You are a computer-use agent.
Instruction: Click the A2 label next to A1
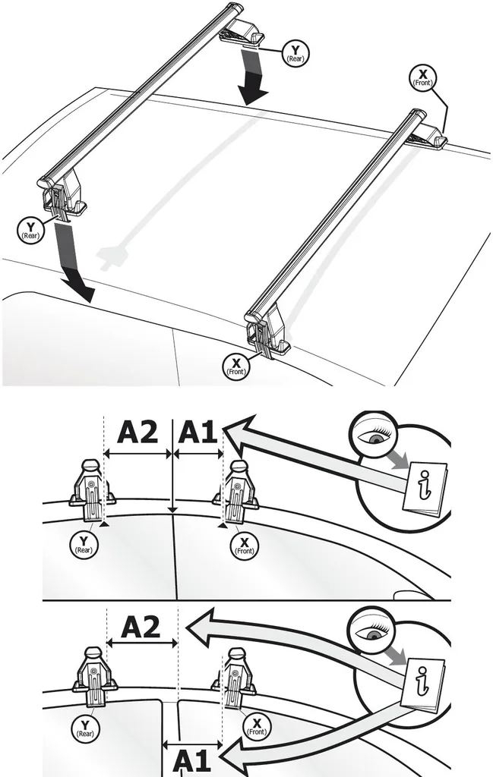point(137,433)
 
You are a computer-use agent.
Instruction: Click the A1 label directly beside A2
point(198,433)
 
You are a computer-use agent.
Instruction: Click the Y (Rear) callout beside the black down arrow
point(293,52)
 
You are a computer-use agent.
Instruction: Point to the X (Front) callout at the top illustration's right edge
point(422,77)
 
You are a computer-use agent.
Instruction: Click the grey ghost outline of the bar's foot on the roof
point(113,256)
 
